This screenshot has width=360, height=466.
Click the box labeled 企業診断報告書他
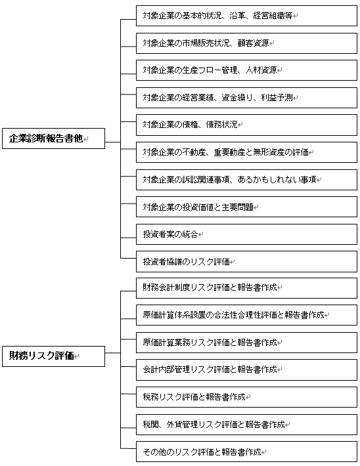click(54, 138)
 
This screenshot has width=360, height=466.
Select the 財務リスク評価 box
click(54, 356)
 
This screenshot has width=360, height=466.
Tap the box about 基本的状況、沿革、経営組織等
click(246, 16)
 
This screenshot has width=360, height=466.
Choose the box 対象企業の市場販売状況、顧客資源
click(246, 43)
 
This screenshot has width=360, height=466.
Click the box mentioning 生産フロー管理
click(246, 70)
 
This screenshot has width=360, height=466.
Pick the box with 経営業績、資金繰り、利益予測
click(246, 98)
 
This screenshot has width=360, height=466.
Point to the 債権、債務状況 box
click(246, 125)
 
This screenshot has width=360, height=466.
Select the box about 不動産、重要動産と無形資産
click(246, 152)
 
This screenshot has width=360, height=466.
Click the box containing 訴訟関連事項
click(246, 180)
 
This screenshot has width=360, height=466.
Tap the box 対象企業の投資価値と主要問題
click(246, 207)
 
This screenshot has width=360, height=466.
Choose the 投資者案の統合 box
click(246, 234)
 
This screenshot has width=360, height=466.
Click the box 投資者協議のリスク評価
click(246, 262)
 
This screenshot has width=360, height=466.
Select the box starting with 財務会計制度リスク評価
click(246, 288)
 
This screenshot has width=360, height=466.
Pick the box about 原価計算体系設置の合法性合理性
click(246, 315)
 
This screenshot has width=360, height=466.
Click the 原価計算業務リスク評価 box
click(246, 343)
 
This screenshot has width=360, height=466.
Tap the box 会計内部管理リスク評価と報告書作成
click(246, 370)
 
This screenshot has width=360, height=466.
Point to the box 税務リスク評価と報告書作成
click(246, 397)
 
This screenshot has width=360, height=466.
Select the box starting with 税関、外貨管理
click(246, 425)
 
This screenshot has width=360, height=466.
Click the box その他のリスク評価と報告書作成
click(246, 452)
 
